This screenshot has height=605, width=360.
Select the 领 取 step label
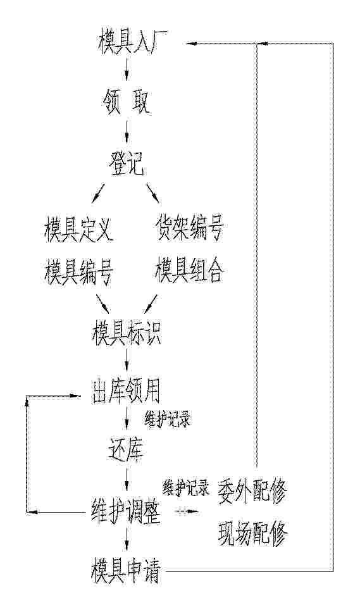(x=127, y=102)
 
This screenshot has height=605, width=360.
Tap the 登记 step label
(x=127, y=164)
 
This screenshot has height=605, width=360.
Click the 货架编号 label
(x=189, y=228)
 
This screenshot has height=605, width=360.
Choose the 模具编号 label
(x=78, y=271)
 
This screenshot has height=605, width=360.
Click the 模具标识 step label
(x=127, y=333)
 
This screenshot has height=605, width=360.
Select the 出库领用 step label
(x=127, y=391)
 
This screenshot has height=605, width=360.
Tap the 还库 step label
(x=126, y=449)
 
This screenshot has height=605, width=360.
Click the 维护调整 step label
(x=126, y=511)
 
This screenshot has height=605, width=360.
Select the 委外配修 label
(x=252, y=491)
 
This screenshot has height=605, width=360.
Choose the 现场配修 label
(x=252, y=533)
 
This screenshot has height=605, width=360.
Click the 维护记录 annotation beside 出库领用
(x=168, y=419)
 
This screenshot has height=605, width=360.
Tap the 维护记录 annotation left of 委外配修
(x=187, y=487)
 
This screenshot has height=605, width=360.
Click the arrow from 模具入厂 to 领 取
(x=127, y=70)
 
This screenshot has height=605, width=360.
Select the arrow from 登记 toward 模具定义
(x=99, y=194)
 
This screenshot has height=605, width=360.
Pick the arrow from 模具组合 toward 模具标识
(x=151, y=304)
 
